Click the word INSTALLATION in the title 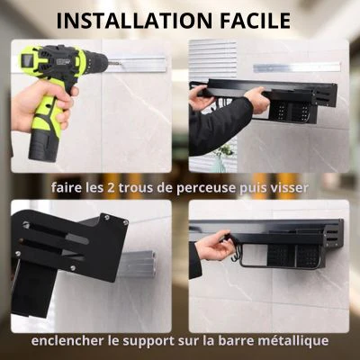tap(134, 21)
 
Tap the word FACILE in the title tap(256, 21)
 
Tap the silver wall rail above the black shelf tap(297, 67)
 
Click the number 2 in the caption tap(109, 188)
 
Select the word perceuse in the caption tap(205, 189)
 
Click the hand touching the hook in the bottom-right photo tap(214, 246)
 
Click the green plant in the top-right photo tap(226, 149)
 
